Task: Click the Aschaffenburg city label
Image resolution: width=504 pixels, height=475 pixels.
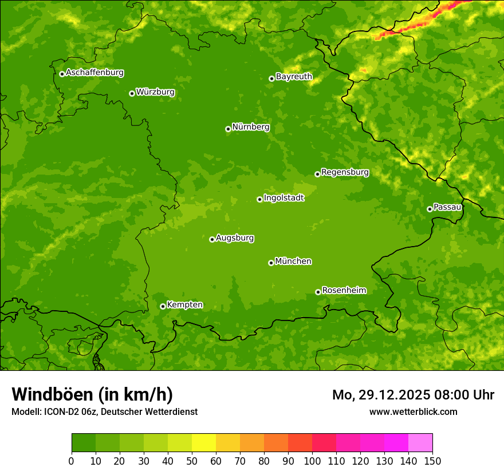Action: tap(94, 73)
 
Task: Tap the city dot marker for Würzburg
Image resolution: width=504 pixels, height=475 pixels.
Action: tap(132, 93)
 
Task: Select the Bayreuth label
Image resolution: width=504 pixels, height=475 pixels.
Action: tap(294, 76)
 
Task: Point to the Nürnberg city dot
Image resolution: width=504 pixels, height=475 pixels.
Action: tap(228, 129)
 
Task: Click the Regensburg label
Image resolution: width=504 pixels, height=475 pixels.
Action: tap(345, 172)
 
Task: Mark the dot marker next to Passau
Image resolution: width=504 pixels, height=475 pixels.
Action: tap(430, 209)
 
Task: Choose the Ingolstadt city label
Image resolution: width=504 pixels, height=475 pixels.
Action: tap(283, 197)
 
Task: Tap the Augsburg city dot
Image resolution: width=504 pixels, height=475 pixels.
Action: tap(212, 239)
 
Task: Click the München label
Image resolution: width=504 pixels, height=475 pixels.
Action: tap(293, 261)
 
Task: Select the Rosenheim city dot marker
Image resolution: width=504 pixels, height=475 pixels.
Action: tap(318, 292)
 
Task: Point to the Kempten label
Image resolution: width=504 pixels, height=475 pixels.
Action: tap(184, 304)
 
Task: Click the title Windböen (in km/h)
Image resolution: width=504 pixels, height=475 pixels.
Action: tap(92, 394)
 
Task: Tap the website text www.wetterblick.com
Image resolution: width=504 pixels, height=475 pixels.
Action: tap(413, 411)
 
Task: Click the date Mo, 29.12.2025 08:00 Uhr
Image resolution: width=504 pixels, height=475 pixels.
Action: tap(413, 395)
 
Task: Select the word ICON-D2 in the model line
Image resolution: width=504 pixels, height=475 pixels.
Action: tap(61, 411)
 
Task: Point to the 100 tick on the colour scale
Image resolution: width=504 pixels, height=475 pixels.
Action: tap(312, 460)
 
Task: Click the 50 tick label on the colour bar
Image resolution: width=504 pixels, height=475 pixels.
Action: tap(192, 460)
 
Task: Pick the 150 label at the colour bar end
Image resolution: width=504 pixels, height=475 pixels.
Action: tap(432, 460)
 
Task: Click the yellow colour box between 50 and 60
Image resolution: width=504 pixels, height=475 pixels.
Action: tap(204, 442)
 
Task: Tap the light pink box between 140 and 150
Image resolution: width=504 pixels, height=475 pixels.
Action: tap(420, 442)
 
